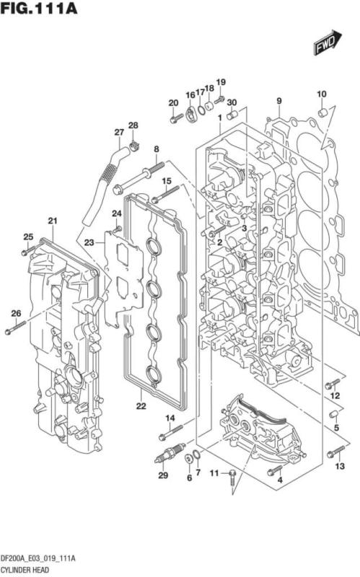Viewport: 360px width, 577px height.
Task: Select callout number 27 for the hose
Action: [119, 131]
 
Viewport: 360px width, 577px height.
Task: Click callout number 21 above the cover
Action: [52, 220]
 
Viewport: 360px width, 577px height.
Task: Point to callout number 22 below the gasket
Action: [141, 406]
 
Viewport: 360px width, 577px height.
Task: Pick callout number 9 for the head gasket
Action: [278, 100]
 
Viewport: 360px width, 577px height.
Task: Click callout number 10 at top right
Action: [322, 94]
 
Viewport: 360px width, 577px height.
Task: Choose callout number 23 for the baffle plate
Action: [89, 242]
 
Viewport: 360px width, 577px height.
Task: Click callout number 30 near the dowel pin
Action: [232, 102]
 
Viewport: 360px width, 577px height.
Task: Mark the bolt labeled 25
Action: [27, 251]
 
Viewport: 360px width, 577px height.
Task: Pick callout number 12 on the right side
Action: [335, 396]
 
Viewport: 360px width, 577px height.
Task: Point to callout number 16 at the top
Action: [190, 95]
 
